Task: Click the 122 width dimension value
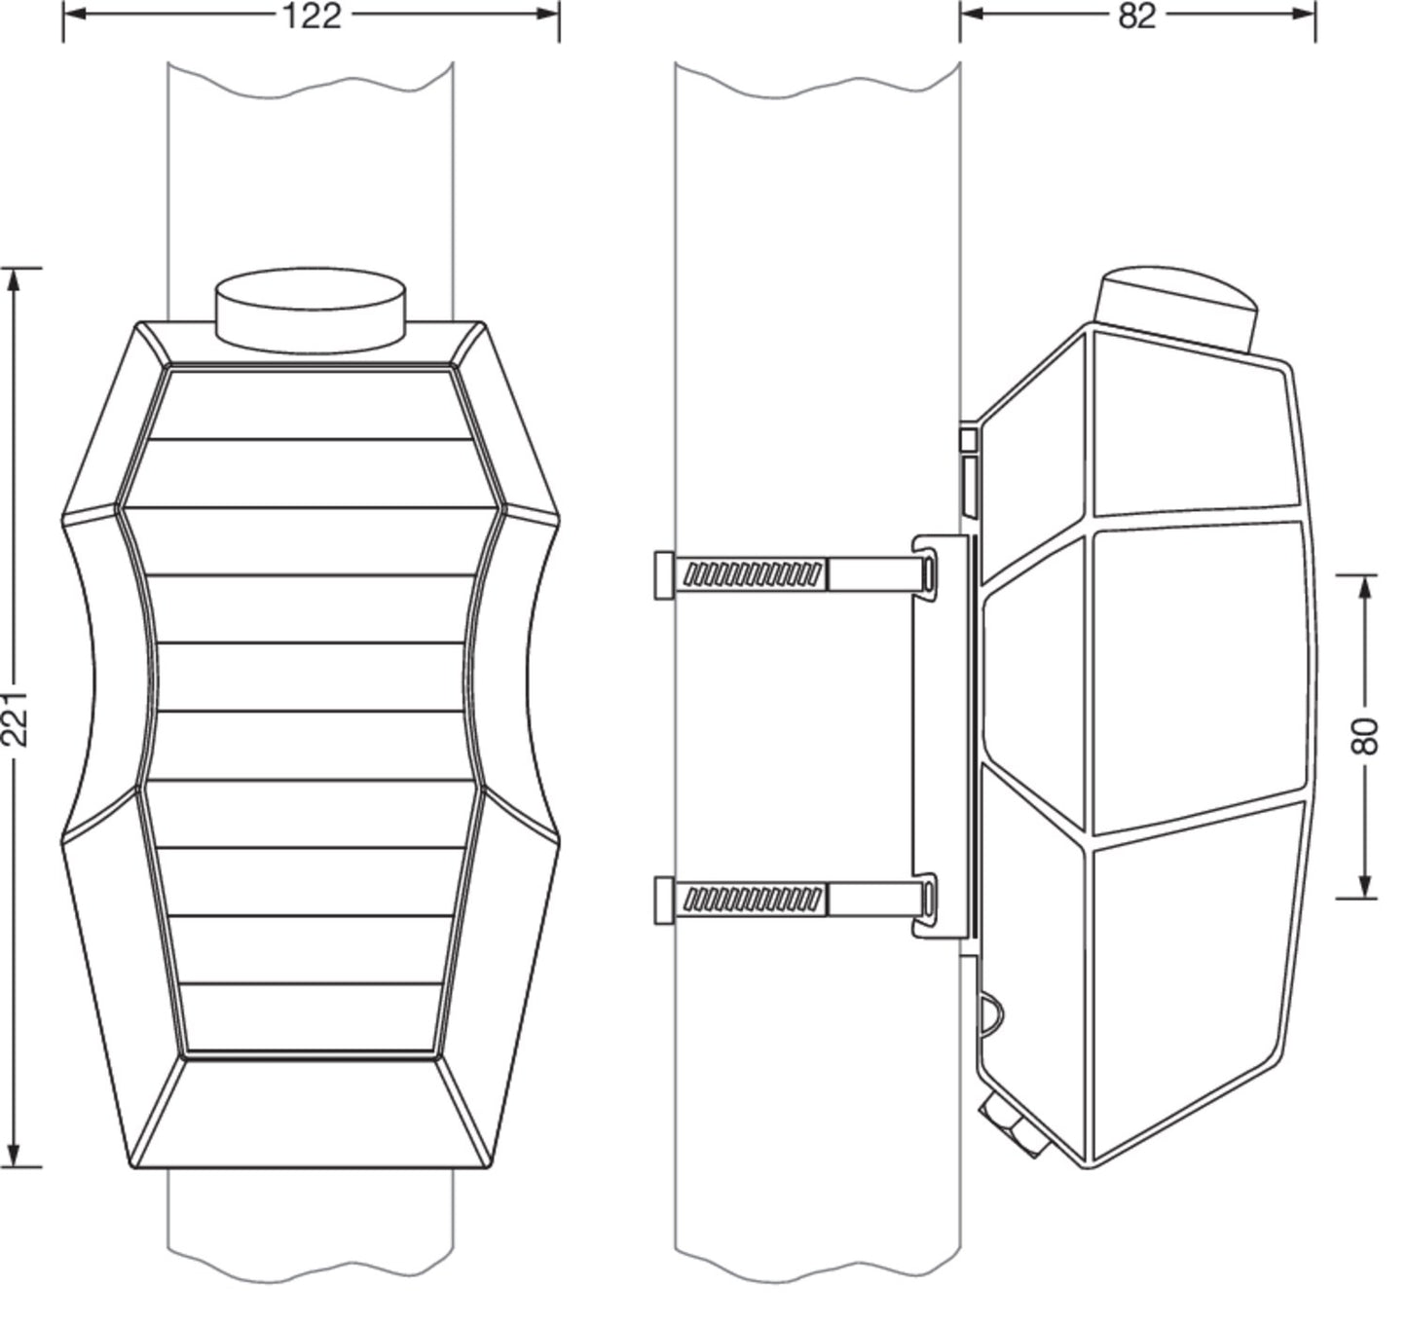[x=312, y=16]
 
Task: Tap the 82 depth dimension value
[x=1137, y=16]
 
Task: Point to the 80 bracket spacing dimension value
[x=1365, y=736]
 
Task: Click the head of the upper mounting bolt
[x=664, y=575]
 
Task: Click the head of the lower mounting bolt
[x=664, y=901]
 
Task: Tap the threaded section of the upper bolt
[x=752, y=574]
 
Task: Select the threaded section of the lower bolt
[x=752, y=900]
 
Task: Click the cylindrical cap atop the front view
[x=311, y=310]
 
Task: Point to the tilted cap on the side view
[x=1177, y=309]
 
